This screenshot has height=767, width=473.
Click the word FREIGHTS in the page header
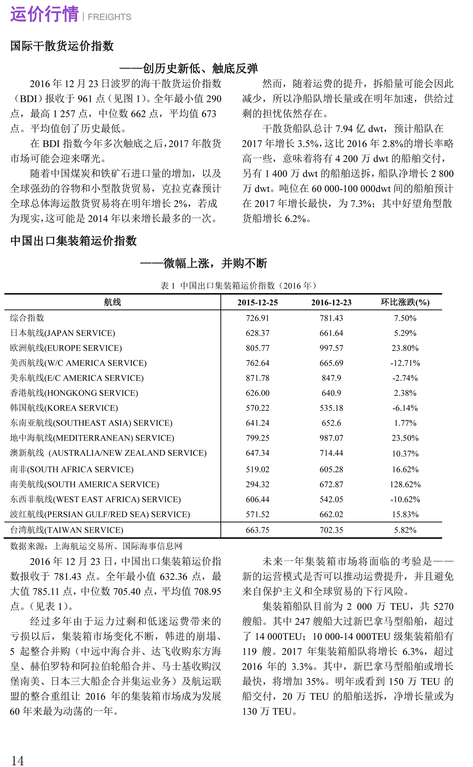[110, 17]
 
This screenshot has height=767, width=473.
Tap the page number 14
[17, 760]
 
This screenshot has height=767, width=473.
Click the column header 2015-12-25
[257, 303]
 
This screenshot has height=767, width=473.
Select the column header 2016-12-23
[331, 303]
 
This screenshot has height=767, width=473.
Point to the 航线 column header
[112, 302]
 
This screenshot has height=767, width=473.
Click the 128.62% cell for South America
[405, 485]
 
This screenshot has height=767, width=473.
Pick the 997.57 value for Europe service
[331, 348]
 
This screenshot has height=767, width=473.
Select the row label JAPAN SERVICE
[63, 333]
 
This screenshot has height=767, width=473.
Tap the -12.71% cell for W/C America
[405, 363]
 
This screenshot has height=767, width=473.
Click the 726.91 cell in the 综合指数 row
[257, 318]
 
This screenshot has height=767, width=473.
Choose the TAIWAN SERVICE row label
[67, 530]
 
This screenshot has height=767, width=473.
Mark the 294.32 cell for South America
[257, 485]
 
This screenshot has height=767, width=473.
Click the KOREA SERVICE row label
[64, 408]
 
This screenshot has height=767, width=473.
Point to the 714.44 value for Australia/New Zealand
[331, 453]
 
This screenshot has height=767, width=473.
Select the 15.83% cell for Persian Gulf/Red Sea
[405, 514]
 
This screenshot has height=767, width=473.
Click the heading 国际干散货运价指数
[62, 46]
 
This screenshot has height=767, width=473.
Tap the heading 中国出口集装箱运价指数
[73, 241]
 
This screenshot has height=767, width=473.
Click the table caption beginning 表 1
[238, 286]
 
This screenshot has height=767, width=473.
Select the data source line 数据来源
[96, 546]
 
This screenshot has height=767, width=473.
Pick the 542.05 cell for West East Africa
[331, 500]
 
